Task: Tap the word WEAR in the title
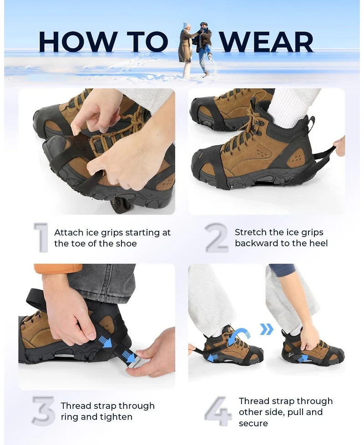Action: pos(267,42)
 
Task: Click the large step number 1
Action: pos(41,237)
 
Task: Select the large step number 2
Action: pos(217,237)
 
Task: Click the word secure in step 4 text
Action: pos(253,424)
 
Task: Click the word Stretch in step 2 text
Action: pos(249,232)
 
